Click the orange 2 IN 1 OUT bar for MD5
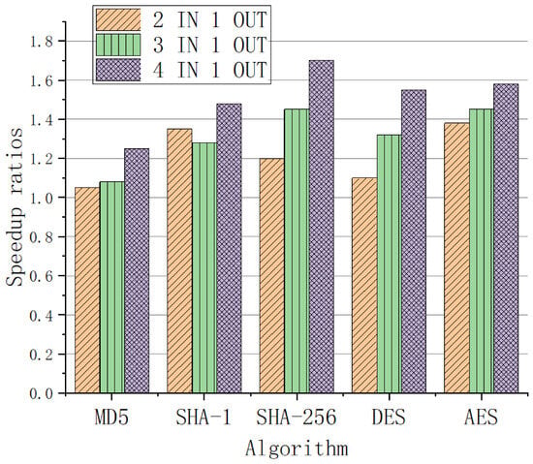pyautogui.click(x=87, y=290)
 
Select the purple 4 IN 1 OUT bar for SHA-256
pyautogui.click(x=322, y=227)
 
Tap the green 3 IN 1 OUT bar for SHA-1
pyautogui.click(x=204, y=268)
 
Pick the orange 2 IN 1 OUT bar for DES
pyautogui.click(x=364, y=286)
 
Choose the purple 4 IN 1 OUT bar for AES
pyautogui.click(x=506, y=238)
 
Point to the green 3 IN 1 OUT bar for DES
pyautogui.click(x=390, y=263)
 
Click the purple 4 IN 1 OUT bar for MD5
pyautogui.click(x=137, y=270)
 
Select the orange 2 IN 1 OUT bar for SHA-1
pyautogui.click(x=179, y=261)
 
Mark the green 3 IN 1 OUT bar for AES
pyautogui.click(x=482, y=251)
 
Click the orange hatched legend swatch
pyautogui.click(x=118, y=19)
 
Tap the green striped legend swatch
pyautogui.click(x=118, y=45)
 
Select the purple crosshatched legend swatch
pyautogui.click(x=118, y=70)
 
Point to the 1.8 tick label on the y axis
pyautogui.click(x=42, y=42)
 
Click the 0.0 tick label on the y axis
pyautogui.click(x=42, y=393)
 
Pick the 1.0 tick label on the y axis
pyautogui.click(x=42, y=198)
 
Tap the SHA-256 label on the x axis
pyautogui.click(x=297, y=418)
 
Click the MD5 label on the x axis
pyautogui.click(x=111, y=418)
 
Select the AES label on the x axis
pyautogui.click(x=482, y=418)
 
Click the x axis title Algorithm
pyautogui.click(x=297, y=449)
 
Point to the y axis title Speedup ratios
pyautogui.click(x=15, y=207)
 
